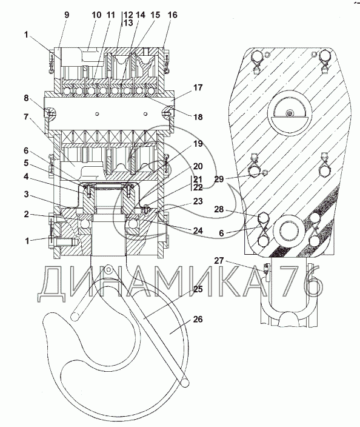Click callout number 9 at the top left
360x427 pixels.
67,15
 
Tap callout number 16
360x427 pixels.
172,15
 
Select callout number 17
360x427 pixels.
198,87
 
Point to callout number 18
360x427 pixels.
198,117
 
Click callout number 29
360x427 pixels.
219,179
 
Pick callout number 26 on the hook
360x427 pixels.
198,319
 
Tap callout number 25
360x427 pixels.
198,289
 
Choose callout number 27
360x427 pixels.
219,261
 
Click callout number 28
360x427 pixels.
219,209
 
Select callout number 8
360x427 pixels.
26,98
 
